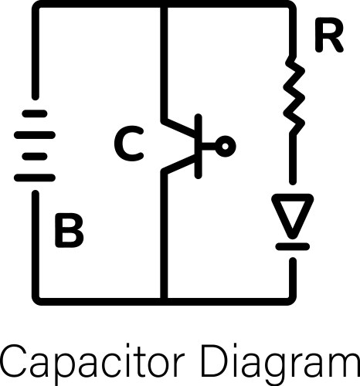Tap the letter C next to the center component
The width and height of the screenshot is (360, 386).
[128, 144]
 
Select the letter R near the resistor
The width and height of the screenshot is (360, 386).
[328, 37]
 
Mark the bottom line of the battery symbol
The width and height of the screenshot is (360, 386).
[35, 178]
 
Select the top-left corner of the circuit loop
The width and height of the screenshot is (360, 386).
[35, 6]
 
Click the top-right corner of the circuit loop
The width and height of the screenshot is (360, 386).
[293, 6]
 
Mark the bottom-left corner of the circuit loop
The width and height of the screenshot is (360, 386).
[35, 297]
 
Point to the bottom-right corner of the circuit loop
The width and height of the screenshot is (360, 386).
[293, 297]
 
